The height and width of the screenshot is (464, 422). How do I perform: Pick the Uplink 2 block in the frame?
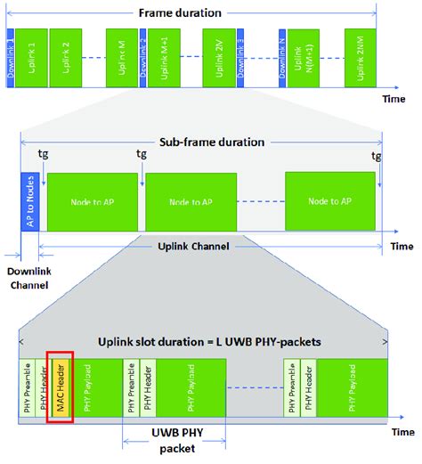[x=64, y=57]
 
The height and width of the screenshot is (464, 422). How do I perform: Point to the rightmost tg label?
[x=377, y=155]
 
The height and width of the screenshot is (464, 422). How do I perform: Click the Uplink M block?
[x=120, y=57]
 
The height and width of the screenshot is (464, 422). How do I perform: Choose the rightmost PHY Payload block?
[x=351, y=388]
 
